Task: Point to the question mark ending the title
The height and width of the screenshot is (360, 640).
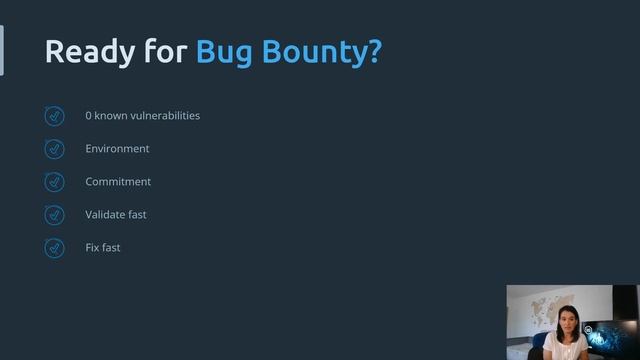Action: (x=376, y=51)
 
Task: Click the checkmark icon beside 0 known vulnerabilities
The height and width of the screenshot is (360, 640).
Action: (x=55, y=116)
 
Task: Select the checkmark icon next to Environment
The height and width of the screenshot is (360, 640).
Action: (x=55, y=149)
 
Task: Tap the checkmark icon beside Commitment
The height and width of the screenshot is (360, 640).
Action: (x=55, y=182)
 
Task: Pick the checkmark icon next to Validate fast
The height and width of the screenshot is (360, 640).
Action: (x=55, y=215)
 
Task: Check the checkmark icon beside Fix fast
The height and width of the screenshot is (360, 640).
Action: (x=55, y=248)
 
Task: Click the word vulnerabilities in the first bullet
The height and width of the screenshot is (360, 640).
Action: (x=164, y=116)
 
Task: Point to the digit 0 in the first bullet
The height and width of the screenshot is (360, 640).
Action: (x=89, y=116)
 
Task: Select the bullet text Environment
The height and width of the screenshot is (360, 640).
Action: (x=117, y=149)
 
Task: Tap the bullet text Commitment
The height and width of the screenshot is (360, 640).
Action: (x=118, y=182)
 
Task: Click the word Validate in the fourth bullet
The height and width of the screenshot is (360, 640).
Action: (x=106, y=215)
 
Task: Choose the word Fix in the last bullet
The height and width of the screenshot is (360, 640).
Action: (x=93, y=248)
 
